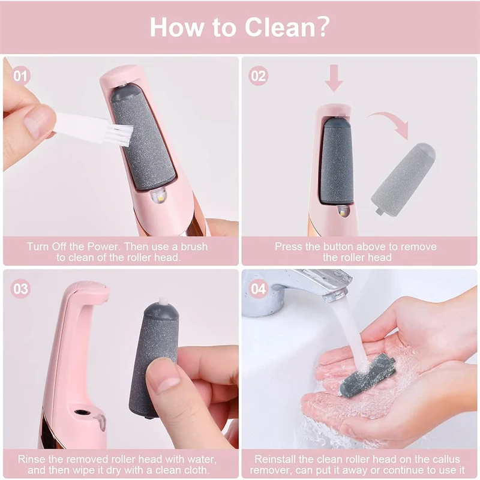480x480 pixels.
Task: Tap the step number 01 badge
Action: coord(20,76)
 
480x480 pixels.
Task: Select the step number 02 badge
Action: coord(259,76)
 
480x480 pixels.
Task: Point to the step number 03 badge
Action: coord(20,289)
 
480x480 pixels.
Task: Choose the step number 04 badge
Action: coord(259,289)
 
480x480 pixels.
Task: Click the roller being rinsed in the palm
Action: coord(367,375)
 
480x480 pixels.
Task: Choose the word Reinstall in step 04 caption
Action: coord(275,459)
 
